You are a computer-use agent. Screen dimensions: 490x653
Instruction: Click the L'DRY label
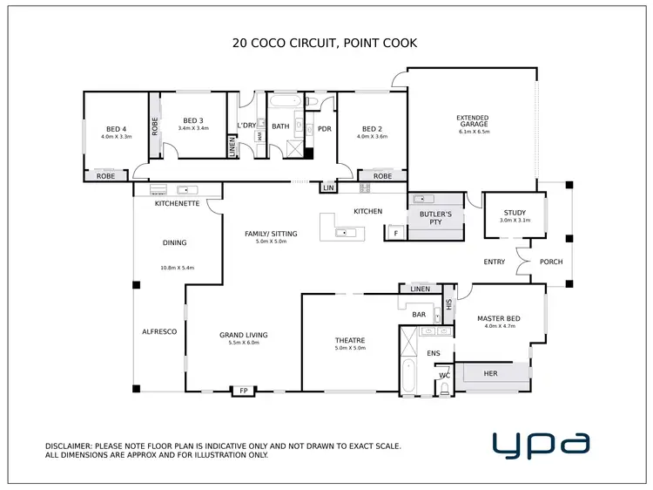247,126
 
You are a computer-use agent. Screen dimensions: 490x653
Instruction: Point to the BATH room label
280,126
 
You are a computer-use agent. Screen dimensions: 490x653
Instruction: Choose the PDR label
325,129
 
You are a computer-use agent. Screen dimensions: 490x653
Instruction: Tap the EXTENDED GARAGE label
473,121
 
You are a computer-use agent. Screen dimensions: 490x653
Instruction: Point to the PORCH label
551,262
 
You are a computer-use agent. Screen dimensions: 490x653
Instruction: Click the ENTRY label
495,262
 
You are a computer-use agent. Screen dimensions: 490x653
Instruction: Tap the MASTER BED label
497,318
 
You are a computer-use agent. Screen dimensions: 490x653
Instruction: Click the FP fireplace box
244,391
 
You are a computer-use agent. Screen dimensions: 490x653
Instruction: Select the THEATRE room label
349,340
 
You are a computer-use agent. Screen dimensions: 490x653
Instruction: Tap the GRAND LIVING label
243,335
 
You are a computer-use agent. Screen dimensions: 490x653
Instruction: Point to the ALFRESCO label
159,332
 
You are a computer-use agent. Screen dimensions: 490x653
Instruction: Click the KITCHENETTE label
177,203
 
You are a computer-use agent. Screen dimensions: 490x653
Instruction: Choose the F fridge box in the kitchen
396,233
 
